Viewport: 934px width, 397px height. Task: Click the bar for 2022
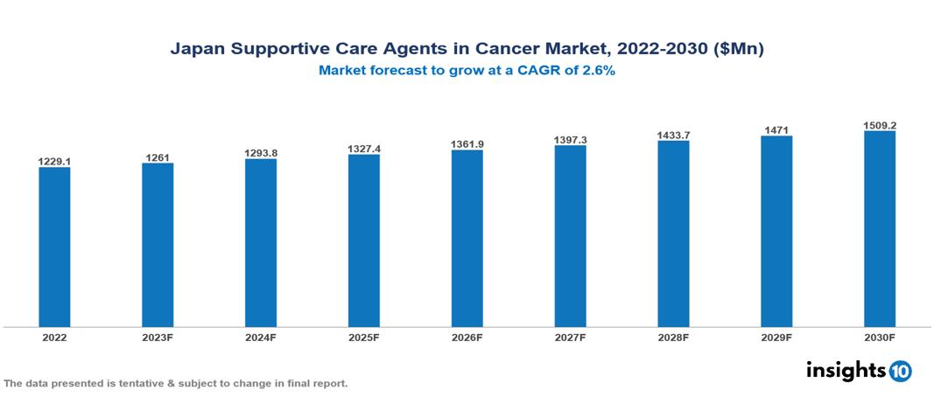pos(54,247)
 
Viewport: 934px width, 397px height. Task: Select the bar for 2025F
pos(363,240)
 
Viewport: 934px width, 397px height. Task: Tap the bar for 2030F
pos(879,229)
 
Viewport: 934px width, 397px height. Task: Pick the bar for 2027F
pos(570,236)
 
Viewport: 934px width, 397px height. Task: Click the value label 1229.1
pos(54,161)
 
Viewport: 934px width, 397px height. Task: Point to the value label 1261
pos(158,157)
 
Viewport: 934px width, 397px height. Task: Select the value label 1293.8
pos(261,153)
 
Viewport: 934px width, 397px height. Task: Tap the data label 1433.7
pos(673,136)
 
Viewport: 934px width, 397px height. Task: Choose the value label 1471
pos(776,130)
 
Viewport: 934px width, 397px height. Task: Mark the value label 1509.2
pos(879,125)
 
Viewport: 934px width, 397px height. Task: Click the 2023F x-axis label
pos(158,337)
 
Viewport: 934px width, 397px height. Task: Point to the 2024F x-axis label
pos(261,337)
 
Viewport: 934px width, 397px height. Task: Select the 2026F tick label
pos(467,337)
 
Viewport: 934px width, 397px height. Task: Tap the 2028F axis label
pos(673,337)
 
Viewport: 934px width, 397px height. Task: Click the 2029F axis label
pos(776,337)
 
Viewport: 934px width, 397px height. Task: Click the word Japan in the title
pos(197,50)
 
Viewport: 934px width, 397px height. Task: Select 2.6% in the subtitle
pos(598,71)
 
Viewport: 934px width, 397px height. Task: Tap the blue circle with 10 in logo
pos(900,371)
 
